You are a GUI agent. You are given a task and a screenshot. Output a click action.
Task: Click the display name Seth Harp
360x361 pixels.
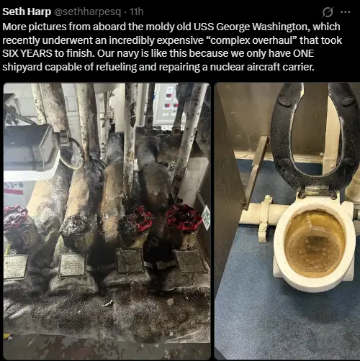click(27, 12)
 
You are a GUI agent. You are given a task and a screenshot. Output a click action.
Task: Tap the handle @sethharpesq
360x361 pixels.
click(88, 12)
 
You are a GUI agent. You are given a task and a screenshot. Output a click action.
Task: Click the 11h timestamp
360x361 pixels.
click(136, 12)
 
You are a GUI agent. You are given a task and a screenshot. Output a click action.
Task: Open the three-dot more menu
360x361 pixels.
click(346, 12)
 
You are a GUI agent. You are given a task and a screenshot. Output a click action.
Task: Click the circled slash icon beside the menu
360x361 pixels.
click(328, 12)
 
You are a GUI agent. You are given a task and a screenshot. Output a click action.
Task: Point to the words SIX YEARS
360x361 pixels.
click(27, 53)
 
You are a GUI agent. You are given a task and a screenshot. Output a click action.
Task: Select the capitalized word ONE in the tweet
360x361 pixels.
click(303, 53)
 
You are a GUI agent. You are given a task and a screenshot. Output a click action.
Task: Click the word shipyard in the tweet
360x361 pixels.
click(22, 67)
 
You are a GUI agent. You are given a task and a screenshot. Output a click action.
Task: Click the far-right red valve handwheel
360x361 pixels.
click(184, 216)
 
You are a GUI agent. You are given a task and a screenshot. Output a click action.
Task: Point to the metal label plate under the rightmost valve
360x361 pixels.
click(189, 261)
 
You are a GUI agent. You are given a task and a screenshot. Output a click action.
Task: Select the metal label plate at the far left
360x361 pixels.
click(15, 267)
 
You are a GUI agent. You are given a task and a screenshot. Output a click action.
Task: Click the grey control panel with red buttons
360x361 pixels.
click(169, 106)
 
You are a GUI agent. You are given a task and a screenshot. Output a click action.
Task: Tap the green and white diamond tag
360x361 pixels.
click(207, 217)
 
